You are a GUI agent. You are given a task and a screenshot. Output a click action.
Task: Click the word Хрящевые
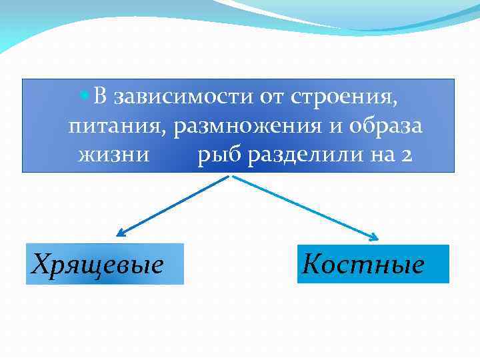(x=98, y=265)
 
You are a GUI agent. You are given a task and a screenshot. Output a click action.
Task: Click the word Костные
(x=363, y=265)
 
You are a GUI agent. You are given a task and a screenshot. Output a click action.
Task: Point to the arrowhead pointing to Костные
(x=375, y=237)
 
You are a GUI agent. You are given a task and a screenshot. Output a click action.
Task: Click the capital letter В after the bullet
(x=100, y=97)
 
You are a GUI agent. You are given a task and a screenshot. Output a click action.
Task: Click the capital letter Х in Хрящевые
(x=41, y=264)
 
